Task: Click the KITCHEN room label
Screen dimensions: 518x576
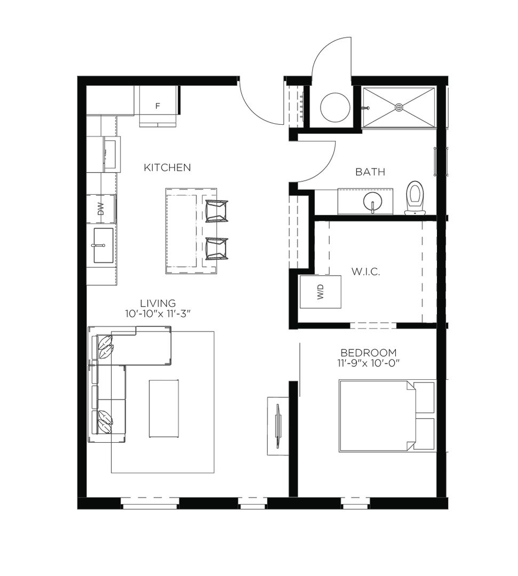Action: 167,167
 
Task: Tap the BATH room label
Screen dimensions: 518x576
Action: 370,172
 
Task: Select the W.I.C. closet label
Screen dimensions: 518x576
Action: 365,272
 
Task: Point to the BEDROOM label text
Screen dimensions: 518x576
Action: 369,353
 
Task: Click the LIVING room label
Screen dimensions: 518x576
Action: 158,303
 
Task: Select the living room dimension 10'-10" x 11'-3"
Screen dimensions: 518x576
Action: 158,314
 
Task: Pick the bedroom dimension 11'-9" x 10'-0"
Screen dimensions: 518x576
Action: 369,363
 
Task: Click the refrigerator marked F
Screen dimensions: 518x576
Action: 157,106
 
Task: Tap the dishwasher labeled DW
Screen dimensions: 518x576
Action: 101,209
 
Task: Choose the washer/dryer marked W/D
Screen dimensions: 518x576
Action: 321,292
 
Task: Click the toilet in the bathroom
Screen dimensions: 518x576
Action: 415,198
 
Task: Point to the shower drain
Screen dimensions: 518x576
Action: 399,107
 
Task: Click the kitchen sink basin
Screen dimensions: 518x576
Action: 103,245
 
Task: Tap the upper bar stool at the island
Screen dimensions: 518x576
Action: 217,211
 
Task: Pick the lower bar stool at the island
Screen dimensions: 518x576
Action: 217,249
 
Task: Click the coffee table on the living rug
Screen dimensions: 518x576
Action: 164,409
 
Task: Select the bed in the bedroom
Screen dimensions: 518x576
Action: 387,415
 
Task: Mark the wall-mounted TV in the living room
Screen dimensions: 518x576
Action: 278,426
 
